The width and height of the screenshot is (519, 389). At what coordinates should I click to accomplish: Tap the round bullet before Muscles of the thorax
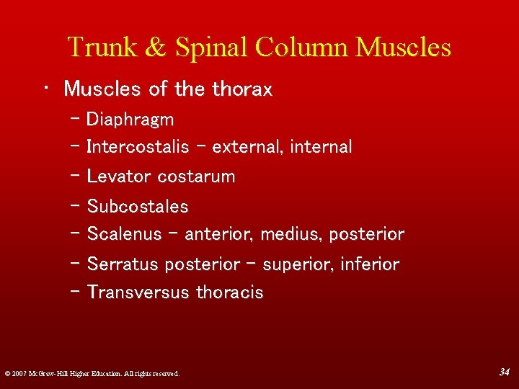click(45, 87)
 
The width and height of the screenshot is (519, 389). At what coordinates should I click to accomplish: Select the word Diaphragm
click(130, 119)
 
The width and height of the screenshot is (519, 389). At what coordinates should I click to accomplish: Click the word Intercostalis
click(138, 147)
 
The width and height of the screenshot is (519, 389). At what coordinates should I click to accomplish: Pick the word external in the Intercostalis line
click(248, 147)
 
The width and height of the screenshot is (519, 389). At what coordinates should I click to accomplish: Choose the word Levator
click(119, 176)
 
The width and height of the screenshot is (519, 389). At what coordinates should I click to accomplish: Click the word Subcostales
click(138, 207)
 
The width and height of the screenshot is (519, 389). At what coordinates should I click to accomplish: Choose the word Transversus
click(138, 292)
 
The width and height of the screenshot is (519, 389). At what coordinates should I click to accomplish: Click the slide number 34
click(504, 371)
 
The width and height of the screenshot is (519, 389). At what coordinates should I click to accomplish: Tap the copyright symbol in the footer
click(6, 373)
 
